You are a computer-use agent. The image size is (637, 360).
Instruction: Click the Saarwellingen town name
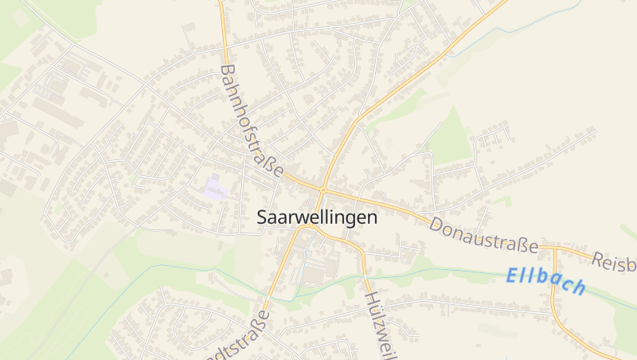tap(318, 217)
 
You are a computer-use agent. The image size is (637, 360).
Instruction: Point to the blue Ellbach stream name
tap(546, 281)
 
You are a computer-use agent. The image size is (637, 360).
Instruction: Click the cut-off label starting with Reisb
tap(614, 260)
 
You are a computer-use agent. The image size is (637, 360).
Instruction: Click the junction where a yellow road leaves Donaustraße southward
tap(551, 248)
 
